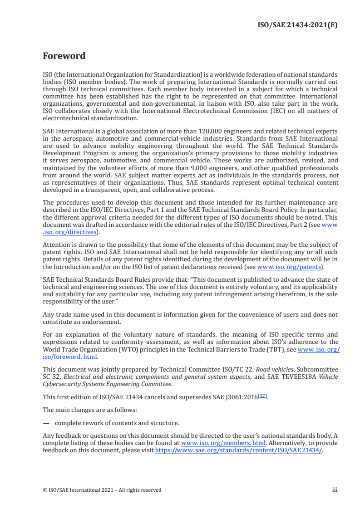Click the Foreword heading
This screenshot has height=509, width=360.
[64, 57]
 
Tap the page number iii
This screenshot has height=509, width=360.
[335, 490]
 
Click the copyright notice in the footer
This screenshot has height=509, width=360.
[102, 490]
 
